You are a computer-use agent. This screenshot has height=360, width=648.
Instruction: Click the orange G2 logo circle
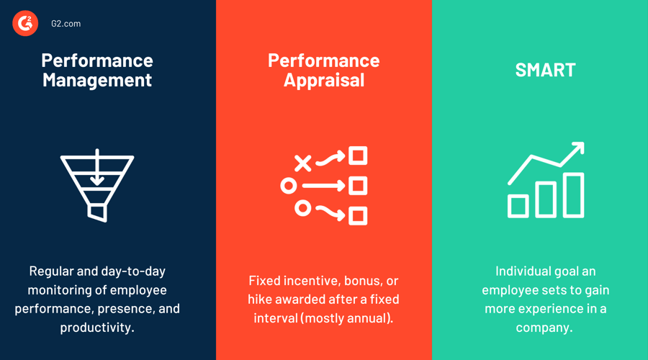click(x=25, y=24)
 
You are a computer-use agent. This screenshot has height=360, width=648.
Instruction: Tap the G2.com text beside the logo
click(x=66, y=24)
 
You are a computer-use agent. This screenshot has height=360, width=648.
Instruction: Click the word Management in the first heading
click(x=97, y=79)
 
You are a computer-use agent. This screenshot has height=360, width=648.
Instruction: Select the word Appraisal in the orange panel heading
click(x=324, y=80)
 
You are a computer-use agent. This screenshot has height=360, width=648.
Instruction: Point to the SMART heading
click(x=545, y=70)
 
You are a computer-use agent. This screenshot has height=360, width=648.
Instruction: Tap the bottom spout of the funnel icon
click(x=97, y=212)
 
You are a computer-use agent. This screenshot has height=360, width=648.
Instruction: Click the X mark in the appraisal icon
click(x=303, y=163)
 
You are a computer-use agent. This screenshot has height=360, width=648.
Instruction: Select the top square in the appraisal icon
click(x=358, y=156)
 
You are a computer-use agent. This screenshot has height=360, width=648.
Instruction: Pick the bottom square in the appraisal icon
click(x=358, y=215)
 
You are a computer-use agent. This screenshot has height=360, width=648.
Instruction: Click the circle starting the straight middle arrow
click(x=289, y=186)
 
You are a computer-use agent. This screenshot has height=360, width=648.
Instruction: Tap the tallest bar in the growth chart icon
click(x=573, y=195)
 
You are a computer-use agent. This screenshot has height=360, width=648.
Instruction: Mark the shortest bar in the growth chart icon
click(x=518, y=206)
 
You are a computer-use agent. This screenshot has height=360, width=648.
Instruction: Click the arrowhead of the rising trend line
click(x=577, y=149)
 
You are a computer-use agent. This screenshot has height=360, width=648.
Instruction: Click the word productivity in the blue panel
click(x=97, y=327)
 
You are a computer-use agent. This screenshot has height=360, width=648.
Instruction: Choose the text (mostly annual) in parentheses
click(x=352, y=318)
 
